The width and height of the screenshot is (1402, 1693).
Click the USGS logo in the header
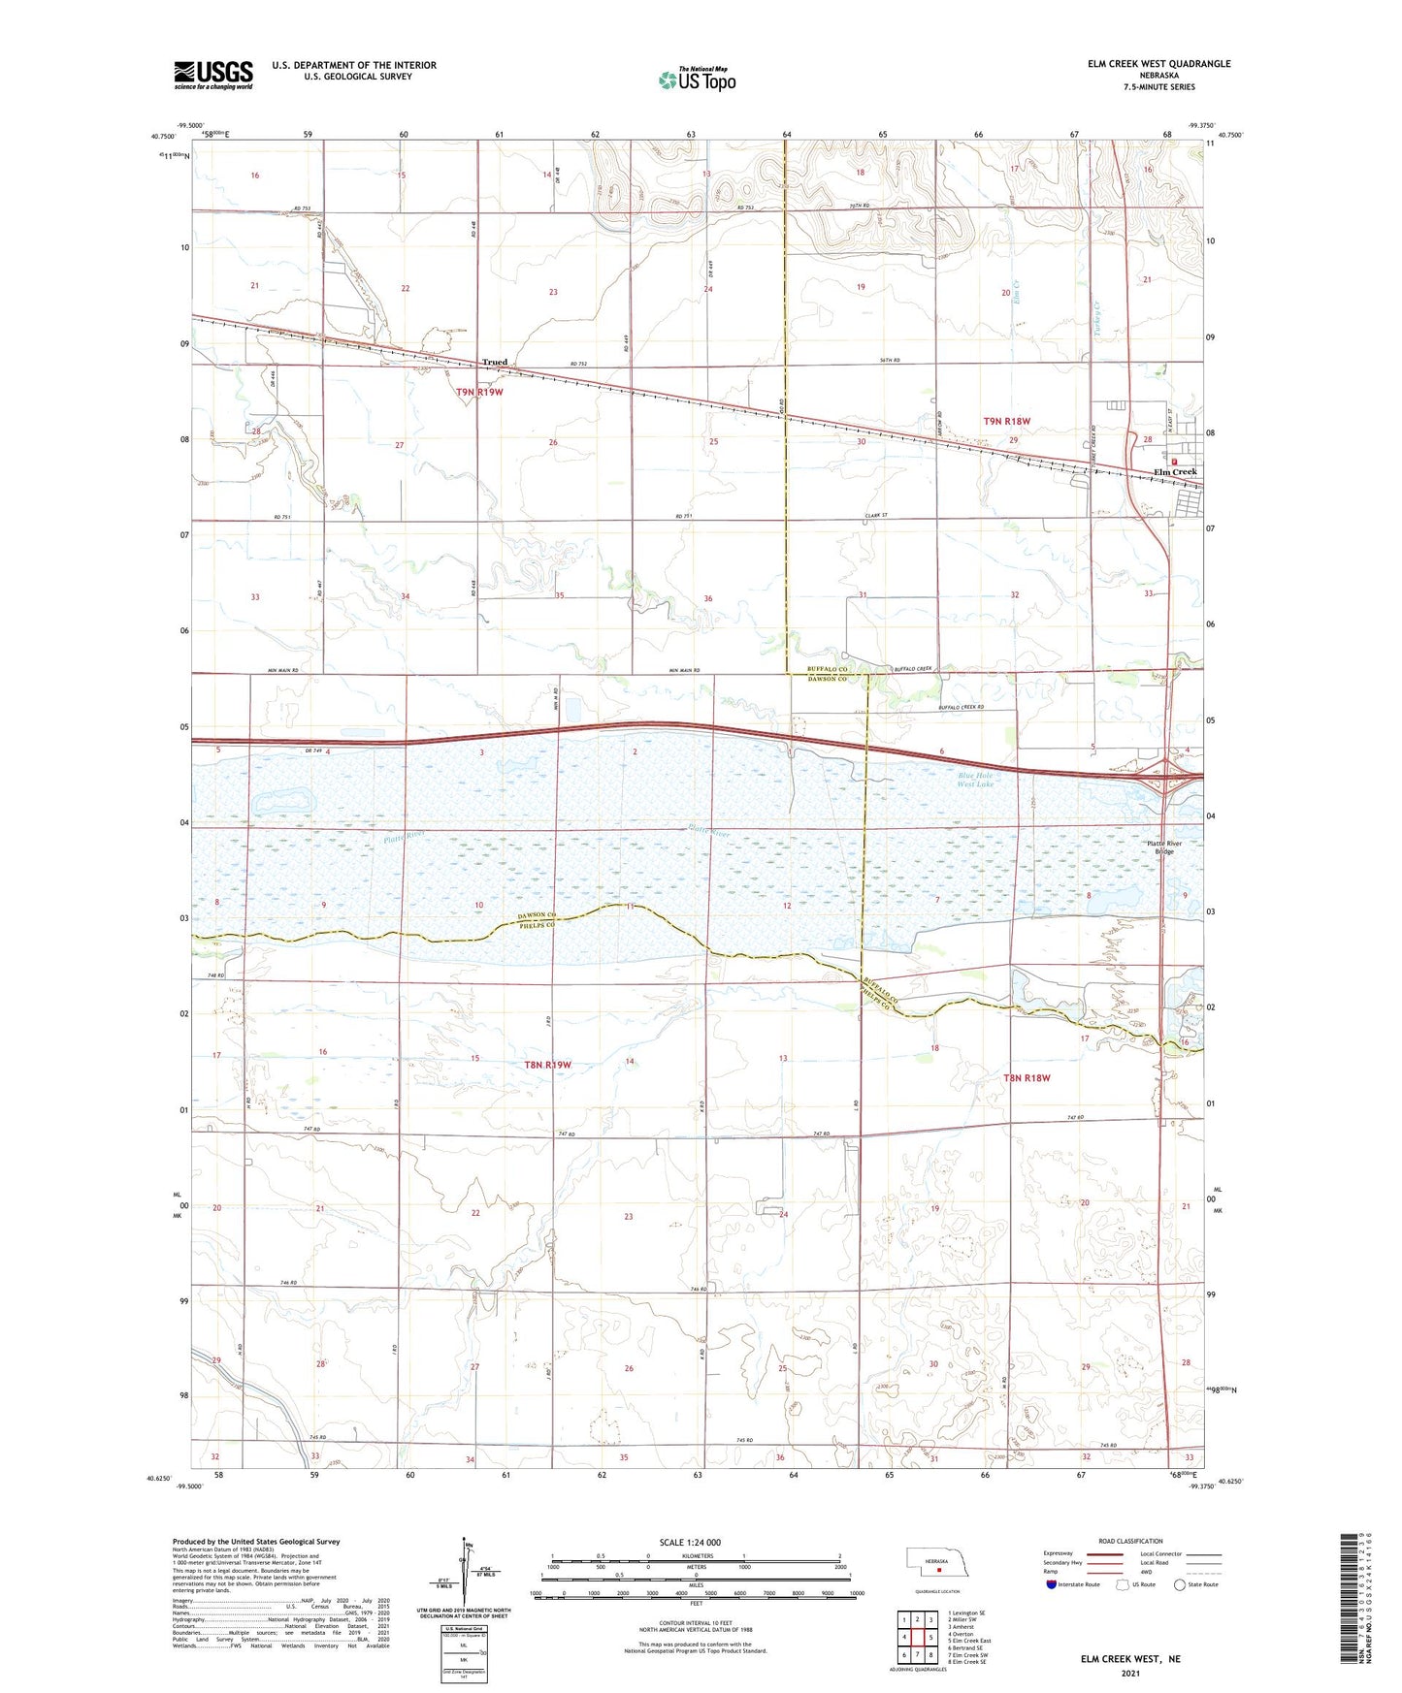213,74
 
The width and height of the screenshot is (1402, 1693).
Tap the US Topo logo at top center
697,80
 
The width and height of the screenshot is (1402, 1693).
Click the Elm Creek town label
1174,472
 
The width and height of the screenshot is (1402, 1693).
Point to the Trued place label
495,363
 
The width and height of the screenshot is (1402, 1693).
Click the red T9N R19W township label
480,392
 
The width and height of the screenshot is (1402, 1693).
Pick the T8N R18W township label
1027,1077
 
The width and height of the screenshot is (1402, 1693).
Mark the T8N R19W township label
548,1065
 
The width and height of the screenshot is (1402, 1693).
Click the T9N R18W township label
1006,422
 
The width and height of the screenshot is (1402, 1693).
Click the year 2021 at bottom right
1130,1674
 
